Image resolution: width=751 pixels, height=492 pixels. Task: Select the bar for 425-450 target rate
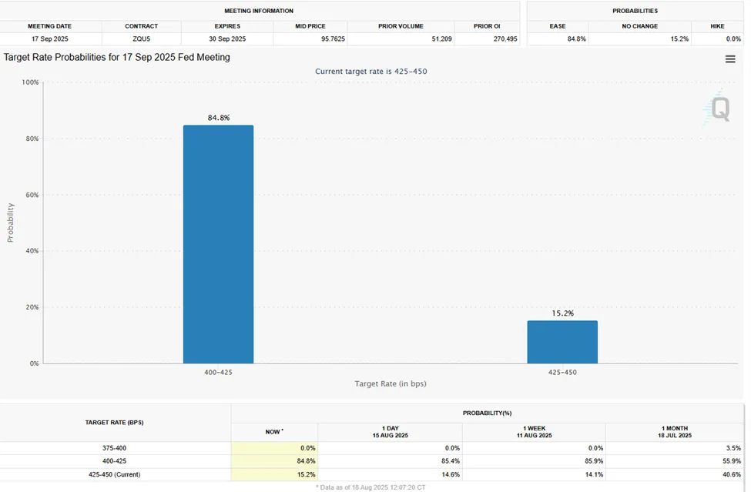click(562, 342)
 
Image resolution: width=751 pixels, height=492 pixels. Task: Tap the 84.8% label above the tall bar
click(218, 118)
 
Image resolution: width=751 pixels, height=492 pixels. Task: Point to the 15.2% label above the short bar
click(562, 313)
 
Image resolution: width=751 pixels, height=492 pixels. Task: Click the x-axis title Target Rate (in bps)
click(390, 383)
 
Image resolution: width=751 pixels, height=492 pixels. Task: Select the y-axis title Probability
click(11, 223)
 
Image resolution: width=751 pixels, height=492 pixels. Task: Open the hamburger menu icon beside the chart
click(730, 59)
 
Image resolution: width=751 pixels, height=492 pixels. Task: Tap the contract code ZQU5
click(141, 38)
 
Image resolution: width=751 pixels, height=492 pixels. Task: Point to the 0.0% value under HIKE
click(732, 38)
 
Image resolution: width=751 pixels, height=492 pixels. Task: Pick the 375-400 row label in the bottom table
click(114, 447)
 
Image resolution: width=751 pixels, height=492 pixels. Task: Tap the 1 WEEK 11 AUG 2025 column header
click(534, 431)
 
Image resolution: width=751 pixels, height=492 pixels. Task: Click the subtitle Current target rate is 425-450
click(370, 72)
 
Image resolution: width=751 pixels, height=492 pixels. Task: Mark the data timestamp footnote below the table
click(370, 487)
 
